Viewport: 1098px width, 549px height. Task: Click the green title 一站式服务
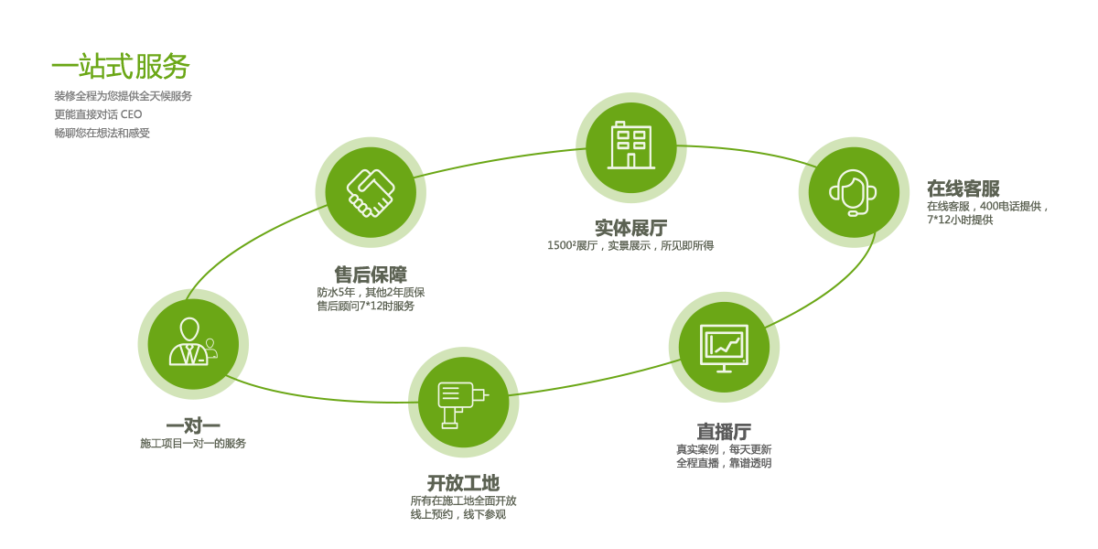[x=120, y=67]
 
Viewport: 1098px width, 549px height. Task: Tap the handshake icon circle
[x=371, y=192]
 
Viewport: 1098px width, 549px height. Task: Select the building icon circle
[x=631, y=147]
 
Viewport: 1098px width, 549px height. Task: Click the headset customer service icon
[x=853, y=192]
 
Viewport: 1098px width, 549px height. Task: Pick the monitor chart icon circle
[x=724, y=347]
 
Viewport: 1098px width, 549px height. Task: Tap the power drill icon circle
[x=463, y=403]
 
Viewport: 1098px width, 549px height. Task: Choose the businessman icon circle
[x=193, y=344]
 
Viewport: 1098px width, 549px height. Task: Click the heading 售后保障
[x=371, y=274]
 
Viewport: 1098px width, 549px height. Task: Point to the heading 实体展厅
[x=630, y=228]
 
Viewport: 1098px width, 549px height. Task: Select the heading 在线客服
[x=963, y=188]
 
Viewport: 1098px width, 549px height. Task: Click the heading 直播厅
[x=724, y=431]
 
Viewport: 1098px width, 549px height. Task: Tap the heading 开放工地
[x=463, y=483]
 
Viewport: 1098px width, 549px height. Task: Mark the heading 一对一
[x=193, y=425]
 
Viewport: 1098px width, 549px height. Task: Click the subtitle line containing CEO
[x=98, y=114]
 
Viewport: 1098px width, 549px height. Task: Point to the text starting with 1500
[x=630, y=245]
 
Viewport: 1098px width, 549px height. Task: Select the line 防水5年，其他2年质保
[x=371, y=292]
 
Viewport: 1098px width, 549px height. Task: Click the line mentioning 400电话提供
[x=987, y=206]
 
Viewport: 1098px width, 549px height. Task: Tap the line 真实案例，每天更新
[x=724, y=449]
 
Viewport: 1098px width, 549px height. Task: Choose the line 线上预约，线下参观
[x=457, y=514]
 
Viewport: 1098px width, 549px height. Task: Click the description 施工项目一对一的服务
[x=193, y=443]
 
